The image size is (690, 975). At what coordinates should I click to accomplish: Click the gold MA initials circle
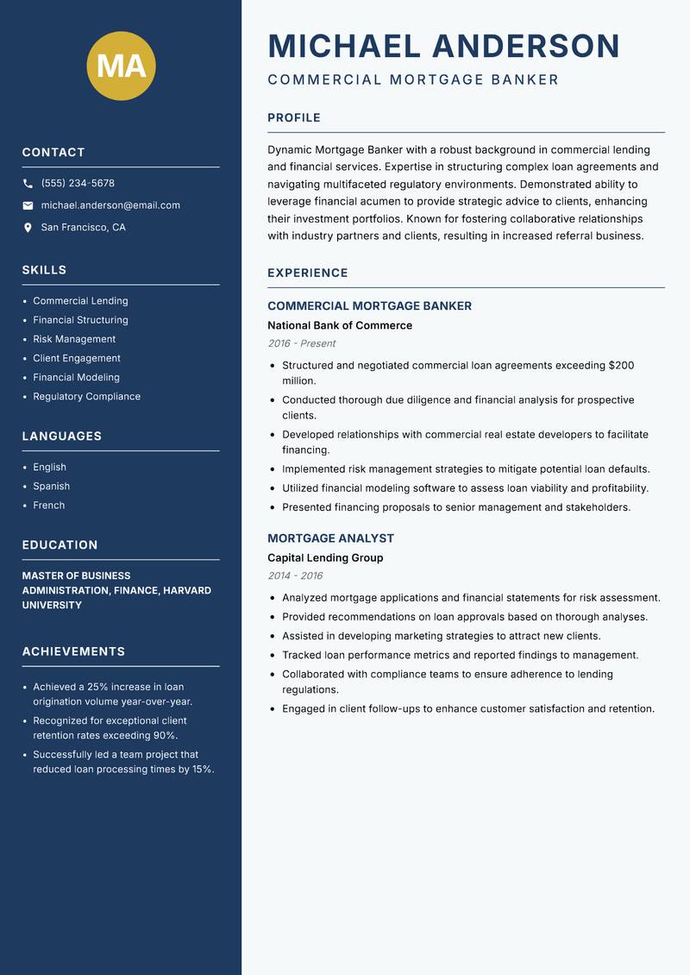pos(121,66)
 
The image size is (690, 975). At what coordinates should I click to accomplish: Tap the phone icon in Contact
pos(28,184)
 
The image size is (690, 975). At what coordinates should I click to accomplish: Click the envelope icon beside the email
pos(28,205)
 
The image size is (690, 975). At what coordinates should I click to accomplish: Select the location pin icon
pos(28,228)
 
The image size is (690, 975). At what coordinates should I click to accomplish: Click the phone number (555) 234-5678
pos(78,184)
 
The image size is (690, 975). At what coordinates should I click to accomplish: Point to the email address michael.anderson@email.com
pos(110,205)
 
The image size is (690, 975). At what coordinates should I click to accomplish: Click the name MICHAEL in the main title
pos(344,46)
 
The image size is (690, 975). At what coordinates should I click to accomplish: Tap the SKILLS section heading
pos(44,270)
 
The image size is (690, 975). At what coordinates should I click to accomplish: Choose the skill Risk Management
pos(74,339)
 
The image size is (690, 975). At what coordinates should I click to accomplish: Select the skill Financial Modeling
pos(76,377)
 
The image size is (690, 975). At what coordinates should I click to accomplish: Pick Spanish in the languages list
pos(52,486)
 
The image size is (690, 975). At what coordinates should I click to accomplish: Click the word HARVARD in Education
pos(188,590)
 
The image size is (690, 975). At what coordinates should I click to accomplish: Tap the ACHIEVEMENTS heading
pos(73,651)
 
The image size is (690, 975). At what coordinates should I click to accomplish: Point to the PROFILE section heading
pos(294,118)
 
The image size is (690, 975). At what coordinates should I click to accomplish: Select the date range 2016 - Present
pos(301,343)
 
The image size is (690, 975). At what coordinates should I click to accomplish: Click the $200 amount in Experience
pos(621,366)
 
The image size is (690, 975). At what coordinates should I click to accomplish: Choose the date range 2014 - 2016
pos(295,576)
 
